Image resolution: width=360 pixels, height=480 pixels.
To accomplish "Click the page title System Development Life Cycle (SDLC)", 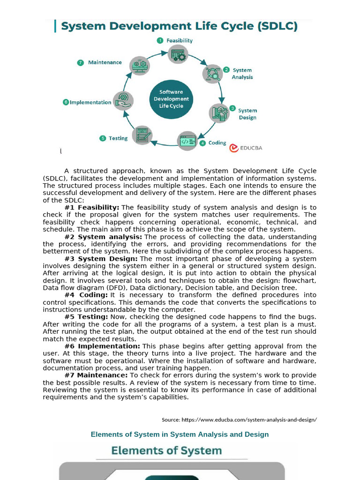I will [x=180, y=26].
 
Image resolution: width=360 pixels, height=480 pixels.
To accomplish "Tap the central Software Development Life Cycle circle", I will [x=171, y=99].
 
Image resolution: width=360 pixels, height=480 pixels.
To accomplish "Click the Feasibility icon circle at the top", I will [x=178, y=54].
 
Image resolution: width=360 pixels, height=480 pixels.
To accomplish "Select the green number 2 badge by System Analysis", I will [x=226, y=69].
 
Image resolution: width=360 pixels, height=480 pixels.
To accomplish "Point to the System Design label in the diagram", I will [x=247, y=114].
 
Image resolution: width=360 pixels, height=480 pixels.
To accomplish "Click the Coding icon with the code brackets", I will [x=187, y=141].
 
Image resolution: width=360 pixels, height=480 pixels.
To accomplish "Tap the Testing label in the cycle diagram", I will [x=118, y=138].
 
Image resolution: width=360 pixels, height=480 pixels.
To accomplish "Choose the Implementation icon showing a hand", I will [x=123, y=101].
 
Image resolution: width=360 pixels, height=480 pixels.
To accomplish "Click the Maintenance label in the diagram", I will [x=105, y=62].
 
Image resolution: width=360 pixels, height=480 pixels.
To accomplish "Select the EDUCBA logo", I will [x=246, y=148].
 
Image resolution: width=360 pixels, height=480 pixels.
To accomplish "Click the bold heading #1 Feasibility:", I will [x=92, y=207].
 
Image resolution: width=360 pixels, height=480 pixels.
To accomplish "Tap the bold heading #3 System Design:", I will [x=101, y=259].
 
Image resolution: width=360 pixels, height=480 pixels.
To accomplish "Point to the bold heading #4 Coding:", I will [x=86, y=295].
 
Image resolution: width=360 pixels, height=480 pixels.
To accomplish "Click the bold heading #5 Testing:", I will [x=86, y=317].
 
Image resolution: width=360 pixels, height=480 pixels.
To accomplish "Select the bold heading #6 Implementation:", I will [x=102, y=346].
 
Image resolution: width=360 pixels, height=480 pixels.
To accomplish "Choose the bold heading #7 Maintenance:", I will [x=96, y=375].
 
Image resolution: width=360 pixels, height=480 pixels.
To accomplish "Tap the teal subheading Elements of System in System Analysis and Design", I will [x=180, y=435].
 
